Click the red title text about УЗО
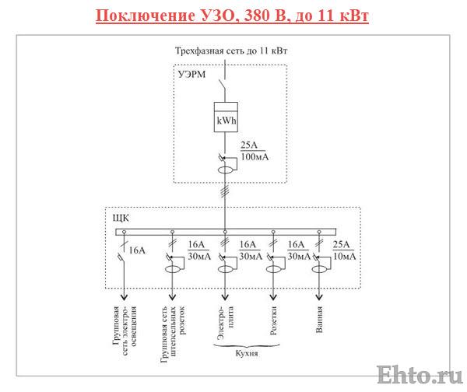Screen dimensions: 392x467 (x=233, y=16)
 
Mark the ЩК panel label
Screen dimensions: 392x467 (x=121, y=217)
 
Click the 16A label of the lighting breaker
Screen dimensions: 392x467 (x=137, y=250)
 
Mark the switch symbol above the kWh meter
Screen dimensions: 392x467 (x=224, y=84)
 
